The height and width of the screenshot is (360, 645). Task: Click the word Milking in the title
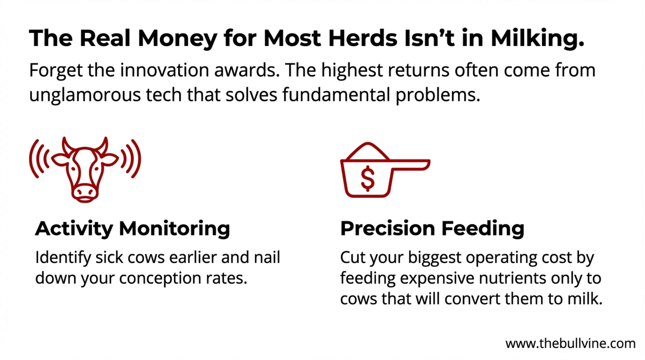(x=537, y=38)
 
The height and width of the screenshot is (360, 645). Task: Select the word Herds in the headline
(x=363, y=38)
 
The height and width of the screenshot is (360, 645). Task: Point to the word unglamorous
(x=85, y=95)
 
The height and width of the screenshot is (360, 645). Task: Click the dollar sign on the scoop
(x=368, y=178)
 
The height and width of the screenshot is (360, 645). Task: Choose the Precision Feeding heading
(x=432, y=229)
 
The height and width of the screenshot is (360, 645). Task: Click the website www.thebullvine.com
(x=570, y=344)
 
